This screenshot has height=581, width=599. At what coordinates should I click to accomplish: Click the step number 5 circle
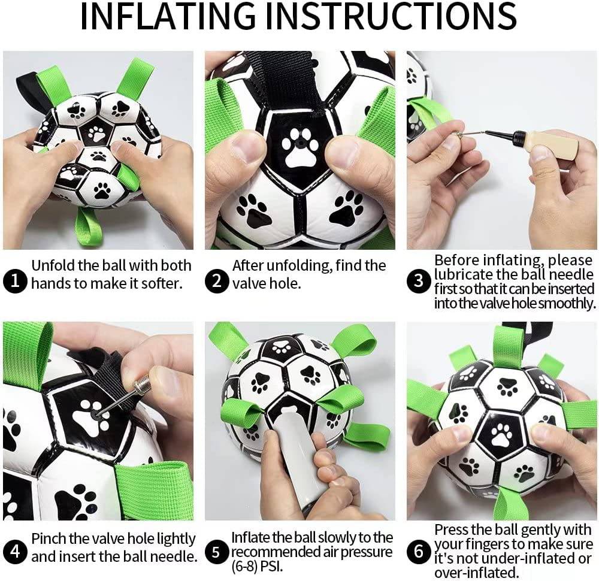(217, 552)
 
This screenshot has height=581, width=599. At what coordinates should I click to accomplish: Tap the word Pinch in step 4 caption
(52, 538)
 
